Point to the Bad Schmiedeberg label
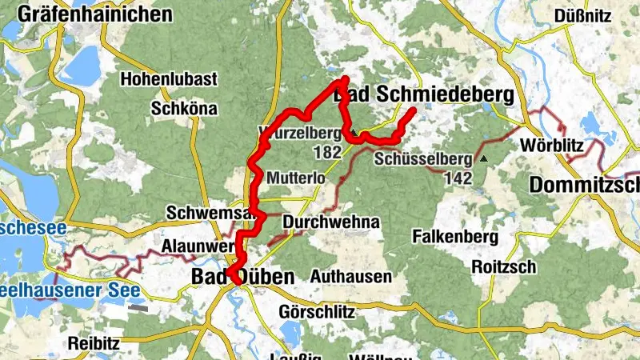pyautogui.click(x=422, y=95)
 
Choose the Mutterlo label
pyautogui.click(x=297, y=177)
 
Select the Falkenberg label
pyautogui.click(x=455, y=237)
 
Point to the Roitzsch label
pyautogui.click(x=503, y=266)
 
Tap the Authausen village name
pyautogui.click(x=350, y=277)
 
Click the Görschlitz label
pyautogui.click(x=318, y=311)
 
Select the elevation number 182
pyautogui.click(x=329, y=152)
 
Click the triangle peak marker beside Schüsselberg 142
pyautogui.click(x=483, y=158)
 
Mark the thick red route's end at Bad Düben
pyautogui.click(x=237, y=282)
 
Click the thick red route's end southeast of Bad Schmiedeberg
pyautogui.click(x=414, y=110)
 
